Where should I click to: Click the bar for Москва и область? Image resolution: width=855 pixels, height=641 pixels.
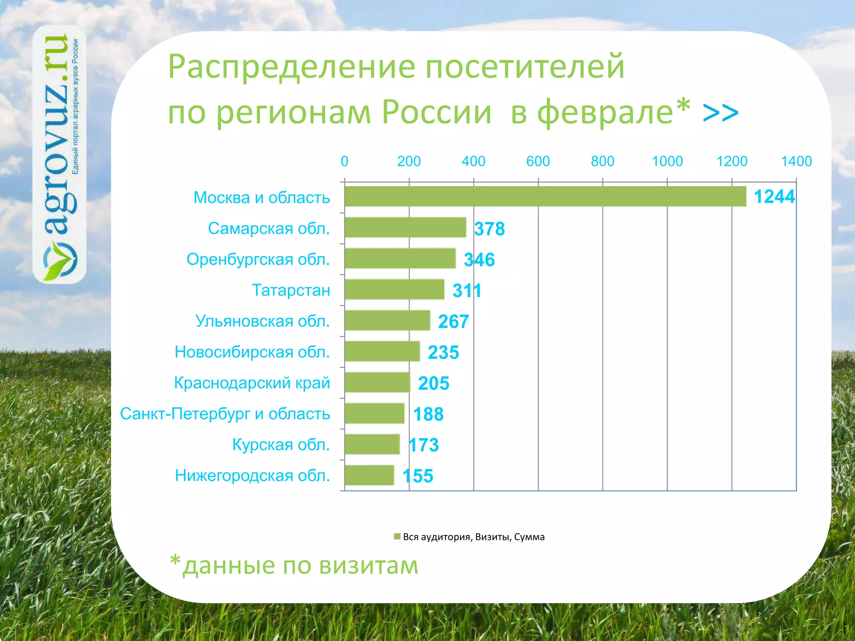(545, 197)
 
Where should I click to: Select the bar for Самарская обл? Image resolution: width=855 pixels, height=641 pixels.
(405, 227)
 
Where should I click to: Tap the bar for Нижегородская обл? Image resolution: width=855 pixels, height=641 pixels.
(369, 475)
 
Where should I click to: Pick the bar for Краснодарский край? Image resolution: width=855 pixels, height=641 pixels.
(377, 382)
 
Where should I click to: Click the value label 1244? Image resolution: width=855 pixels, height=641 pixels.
(774, 197)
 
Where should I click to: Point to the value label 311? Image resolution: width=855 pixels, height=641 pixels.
(467, 290)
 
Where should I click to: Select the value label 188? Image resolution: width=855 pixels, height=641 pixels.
(428, 414)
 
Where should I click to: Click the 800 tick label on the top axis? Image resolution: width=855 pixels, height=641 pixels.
(602, 162)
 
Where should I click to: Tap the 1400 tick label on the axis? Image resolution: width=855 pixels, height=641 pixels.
(796, 162)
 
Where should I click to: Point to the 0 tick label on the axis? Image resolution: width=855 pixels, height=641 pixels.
(344, 162)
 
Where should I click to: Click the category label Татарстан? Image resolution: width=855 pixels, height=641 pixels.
(291, 290)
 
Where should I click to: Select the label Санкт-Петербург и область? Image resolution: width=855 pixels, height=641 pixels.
(225, 414)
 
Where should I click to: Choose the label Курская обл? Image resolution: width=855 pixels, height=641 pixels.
(281, 444)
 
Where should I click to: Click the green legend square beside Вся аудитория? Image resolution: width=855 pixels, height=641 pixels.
(397, 537)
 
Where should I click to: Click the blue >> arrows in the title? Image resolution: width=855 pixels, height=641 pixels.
(721, 113)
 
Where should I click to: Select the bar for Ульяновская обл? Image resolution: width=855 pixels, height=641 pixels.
(387, 320)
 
